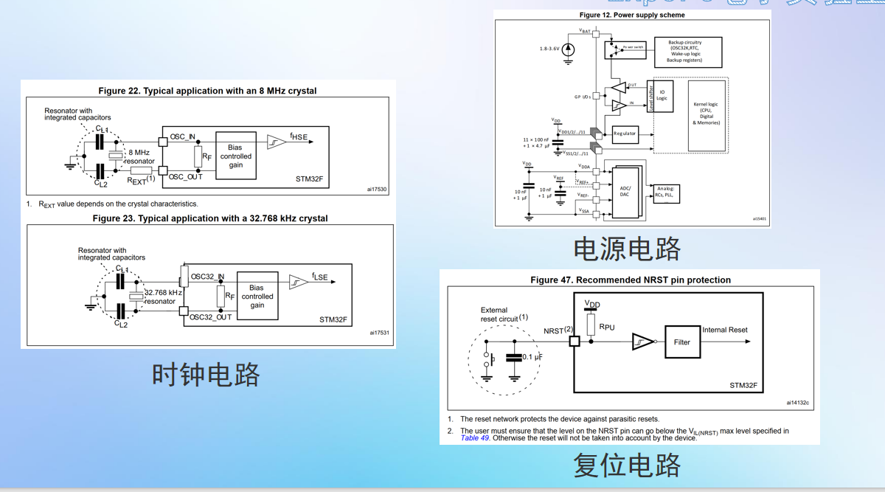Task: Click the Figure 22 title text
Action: [207, 91]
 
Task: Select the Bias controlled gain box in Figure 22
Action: [236, 156]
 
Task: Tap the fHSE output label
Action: [299, 136]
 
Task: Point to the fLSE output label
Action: [319, 277]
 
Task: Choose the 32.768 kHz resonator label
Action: [162, 297]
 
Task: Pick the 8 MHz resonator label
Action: [139, 156]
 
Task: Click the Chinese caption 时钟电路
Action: [206, 375]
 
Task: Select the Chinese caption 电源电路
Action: [627, 249]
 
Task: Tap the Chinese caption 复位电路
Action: [627, 465]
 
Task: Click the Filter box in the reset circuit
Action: [682, 342]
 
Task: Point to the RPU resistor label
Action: [608, 326]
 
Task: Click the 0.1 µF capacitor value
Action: [532, 357]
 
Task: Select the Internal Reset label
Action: [725, 330]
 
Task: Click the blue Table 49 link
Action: [475, 438]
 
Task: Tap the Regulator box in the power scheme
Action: [625, 134]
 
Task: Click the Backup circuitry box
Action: [685, 51]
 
